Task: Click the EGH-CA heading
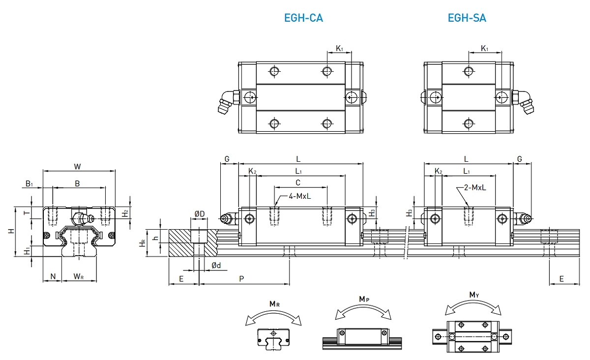[x=303, y=18]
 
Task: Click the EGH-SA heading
[x=467, y=18]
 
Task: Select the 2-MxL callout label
[x=474, y=187]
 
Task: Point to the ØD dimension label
[x=199, y=213]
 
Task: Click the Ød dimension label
[x=216, y=266]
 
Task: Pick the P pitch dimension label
[x=241, y=278]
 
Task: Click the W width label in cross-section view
[x=77, y=166]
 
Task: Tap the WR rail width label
[x=78, y=277]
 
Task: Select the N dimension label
[x=53, y=277]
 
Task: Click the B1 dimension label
[x=29, y=183]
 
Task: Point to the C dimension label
[x=298, y=182]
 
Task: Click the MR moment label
[x=274, y=304]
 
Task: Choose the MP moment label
[x=363, y=299]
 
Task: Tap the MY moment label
[x=474, y=295]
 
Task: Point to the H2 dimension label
[x=126, y=213]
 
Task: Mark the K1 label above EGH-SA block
[x=484, y=48]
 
